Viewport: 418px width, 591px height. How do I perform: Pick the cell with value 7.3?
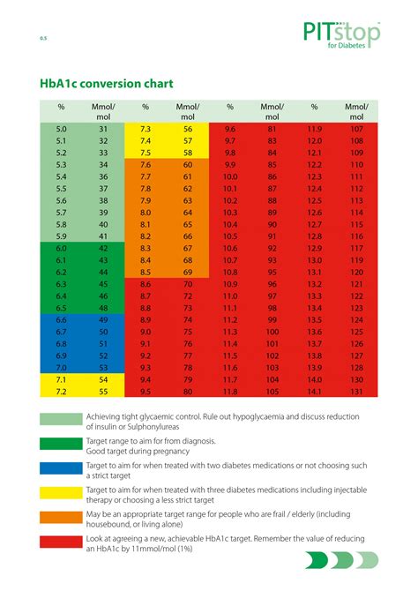pyautogui.click(x=146, y=129)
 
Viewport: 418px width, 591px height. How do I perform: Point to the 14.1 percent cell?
pyautogui.click(x=314, y=391)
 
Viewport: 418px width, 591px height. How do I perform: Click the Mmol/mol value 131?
pyautogui.click(x=356, y=391)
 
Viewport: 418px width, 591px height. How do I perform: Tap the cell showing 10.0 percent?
pyautogui.click(x=230, y=176)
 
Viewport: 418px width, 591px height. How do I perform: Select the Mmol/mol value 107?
pyautogui.click(x=356, y=129)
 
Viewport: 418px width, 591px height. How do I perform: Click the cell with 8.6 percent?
pyautogui.click(x=146, y=283)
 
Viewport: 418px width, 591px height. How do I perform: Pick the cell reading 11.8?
pyautogui.click(x=230, y=391)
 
